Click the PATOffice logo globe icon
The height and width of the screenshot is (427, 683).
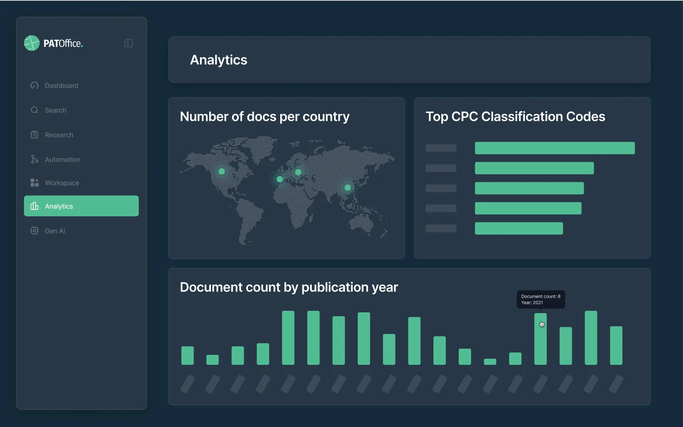point(32,43)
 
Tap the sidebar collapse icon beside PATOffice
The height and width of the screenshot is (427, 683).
point(129,43)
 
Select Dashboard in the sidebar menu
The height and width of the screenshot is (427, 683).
point(61,86)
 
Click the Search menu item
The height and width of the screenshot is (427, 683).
point(55,110)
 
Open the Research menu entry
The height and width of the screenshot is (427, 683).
point(59,135)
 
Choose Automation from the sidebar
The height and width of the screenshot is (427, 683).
point(62,160)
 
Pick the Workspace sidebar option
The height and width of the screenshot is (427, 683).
point(62,183)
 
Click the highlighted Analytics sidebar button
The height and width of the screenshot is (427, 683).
point(81,206)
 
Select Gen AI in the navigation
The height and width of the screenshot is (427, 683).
point(55,231)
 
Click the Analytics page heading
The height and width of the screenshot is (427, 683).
point(219,60)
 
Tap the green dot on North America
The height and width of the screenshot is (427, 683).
point(222,171)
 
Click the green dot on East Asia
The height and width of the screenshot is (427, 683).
point(348,188)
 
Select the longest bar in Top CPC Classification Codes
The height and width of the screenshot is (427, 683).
point(554,148)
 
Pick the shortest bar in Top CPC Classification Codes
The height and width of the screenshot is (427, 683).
point(518,229)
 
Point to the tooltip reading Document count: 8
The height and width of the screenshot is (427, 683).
point(540,299)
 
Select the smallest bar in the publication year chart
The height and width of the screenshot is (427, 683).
point(490,362)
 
